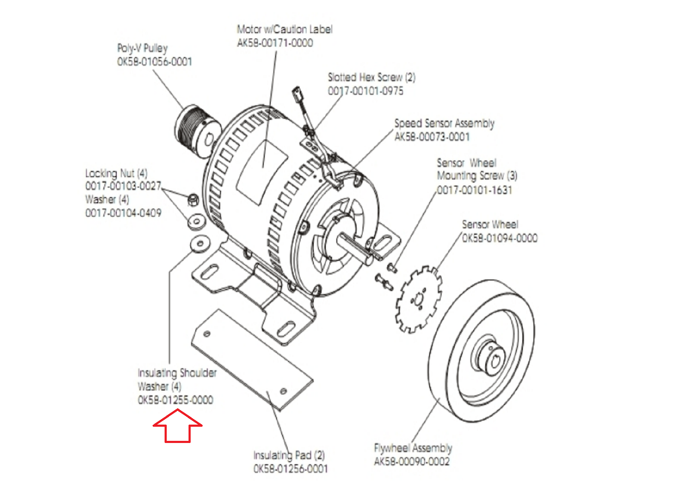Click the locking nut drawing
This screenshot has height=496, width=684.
[193, 199]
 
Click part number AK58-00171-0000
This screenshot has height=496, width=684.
[275, 43]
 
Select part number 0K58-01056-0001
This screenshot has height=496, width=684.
[155, 62]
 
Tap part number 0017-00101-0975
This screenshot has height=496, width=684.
[366, 91]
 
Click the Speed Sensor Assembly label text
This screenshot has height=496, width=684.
[444, 123]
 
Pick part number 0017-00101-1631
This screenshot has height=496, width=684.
[475, 190]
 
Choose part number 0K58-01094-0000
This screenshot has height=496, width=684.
[500, 238]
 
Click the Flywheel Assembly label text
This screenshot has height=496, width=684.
[413, 448]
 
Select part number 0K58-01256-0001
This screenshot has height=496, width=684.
[291, 469]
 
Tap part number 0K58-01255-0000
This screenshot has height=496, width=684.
[176, 400]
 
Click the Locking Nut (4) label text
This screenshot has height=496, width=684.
[116, 173]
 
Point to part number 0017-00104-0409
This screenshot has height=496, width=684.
[124, 213]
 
